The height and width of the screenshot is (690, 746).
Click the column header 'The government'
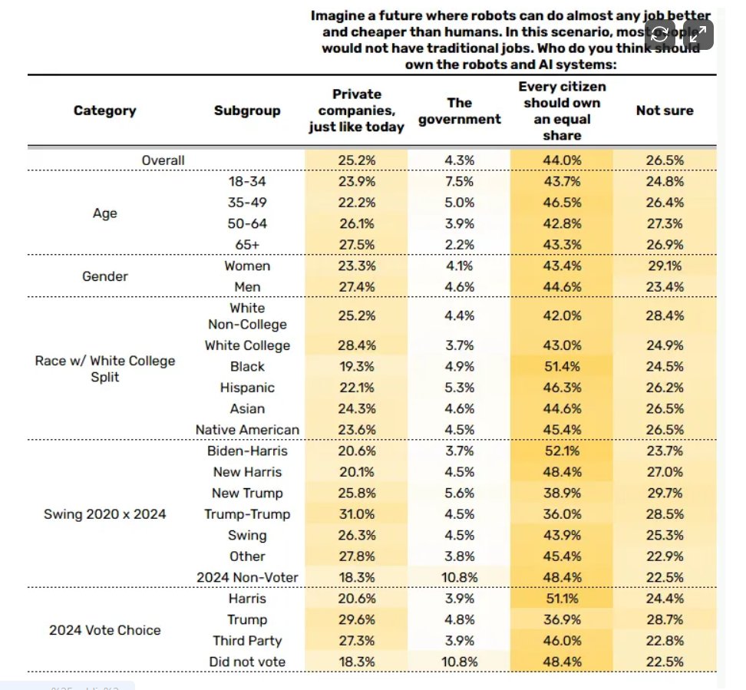tap(459, 111)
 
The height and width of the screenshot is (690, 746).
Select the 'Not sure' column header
tap(664, 111)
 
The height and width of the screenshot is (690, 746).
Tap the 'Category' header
tap(104, 111)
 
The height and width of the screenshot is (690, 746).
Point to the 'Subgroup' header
tap(247, 111)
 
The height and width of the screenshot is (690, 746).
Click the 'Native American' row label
tap(247, 430)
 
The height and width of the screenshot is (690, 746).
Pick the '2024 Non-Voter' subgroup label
tap(247, 577)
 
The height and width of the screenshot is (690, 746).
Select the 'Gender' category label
tap(104, 276)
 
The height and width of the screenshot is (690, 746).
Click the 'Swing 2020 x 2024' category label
tap(104, 514)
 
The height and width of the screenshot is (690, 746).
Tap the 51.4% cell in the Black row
tap(561, 367)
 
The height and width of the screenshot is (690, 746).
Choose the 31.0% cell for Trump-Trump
tap(356, 514)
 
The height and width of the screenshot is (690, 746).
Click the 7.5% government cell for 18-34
tap(459, 182)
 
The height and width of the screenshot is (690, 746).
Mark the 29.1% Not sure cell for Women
tap(664, 266)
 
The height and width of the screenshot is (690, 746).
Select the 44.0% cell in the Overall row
tap(561, 160)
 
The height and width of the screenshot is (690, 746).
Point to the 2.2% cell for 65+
tap(459, 245)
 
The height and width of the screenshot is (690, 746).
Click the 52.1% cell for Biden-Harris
tap(561, 451)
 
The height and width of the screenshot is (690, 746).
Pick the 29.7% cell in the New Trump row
tap(664, 494)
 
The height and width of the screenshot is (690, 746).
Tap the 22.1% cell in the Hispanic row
tap(356, 388)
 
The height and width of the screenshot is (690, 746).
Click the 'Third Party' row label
tap(247, 641)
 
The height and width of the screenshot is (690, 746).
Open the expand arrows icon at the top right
tap(698, 33)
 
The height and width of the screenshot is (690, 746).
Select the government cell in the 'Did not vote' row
tap(459, 662)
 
